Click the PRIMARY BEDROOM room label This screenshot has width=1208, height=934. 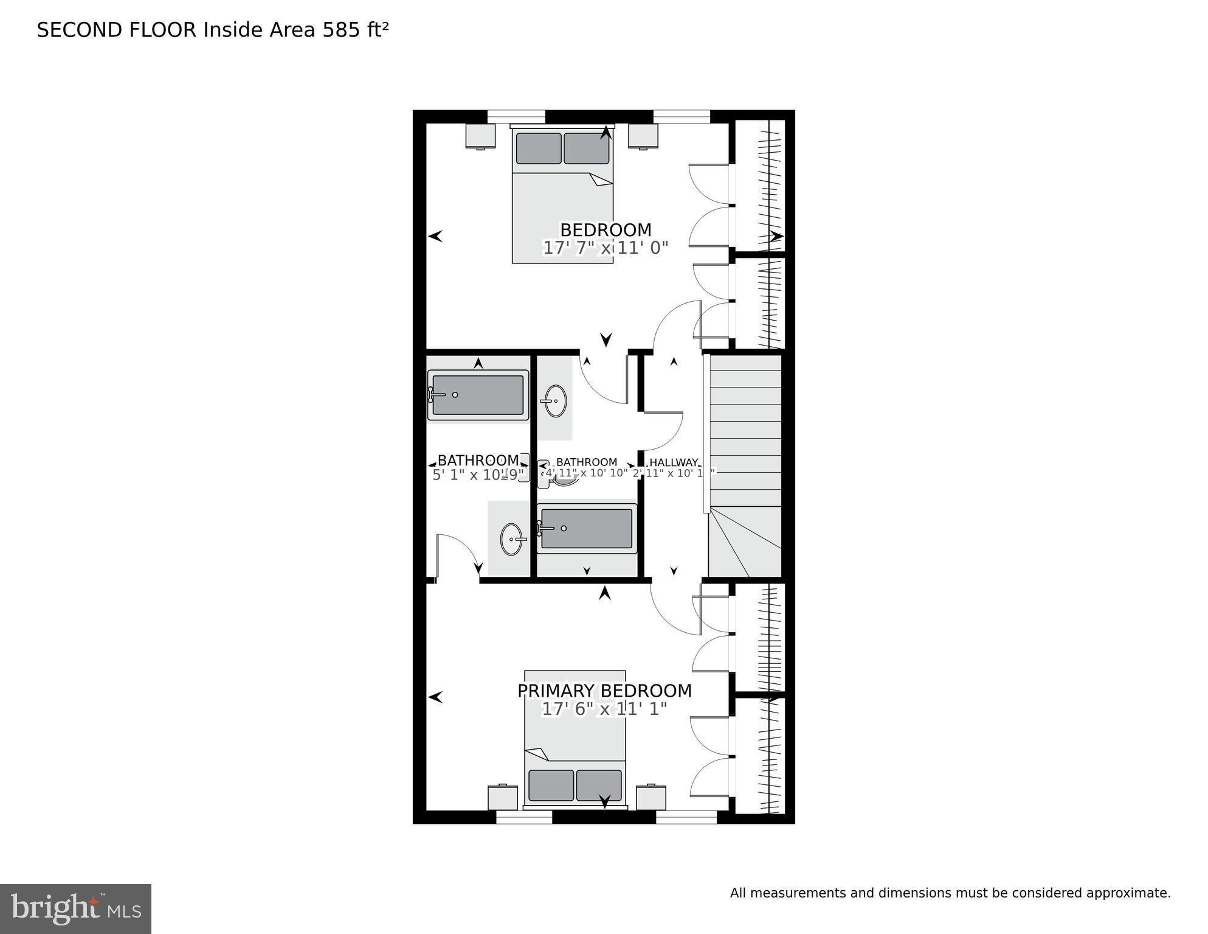tap(604, 691)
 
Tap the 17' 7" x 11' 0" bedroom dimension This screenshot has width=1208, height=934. tap(605, 248)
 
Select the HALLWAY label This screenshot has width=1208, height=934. tap(674, 462)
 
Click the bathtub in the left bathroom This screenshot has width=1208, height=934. tap(478, 395)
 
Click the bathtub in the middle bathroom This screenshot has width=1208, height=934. tap(587, 528)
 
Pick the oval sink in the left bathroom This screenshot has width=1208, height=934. tap(512, 539)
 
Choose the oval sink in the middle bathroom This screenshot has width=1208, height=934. tap(555, 400)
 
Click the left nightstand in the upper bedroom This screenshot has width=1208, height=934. tap(480, 136)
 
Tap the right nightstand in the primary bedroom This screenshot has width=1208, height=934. tap(651, 798)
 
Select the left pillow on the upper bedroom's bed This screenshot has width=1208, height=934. tap(539, 148)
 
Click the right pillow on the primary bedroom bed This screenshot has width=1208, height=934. tap(599, 786)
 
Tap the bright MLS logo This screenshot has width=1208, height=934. tap(75, 908)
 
